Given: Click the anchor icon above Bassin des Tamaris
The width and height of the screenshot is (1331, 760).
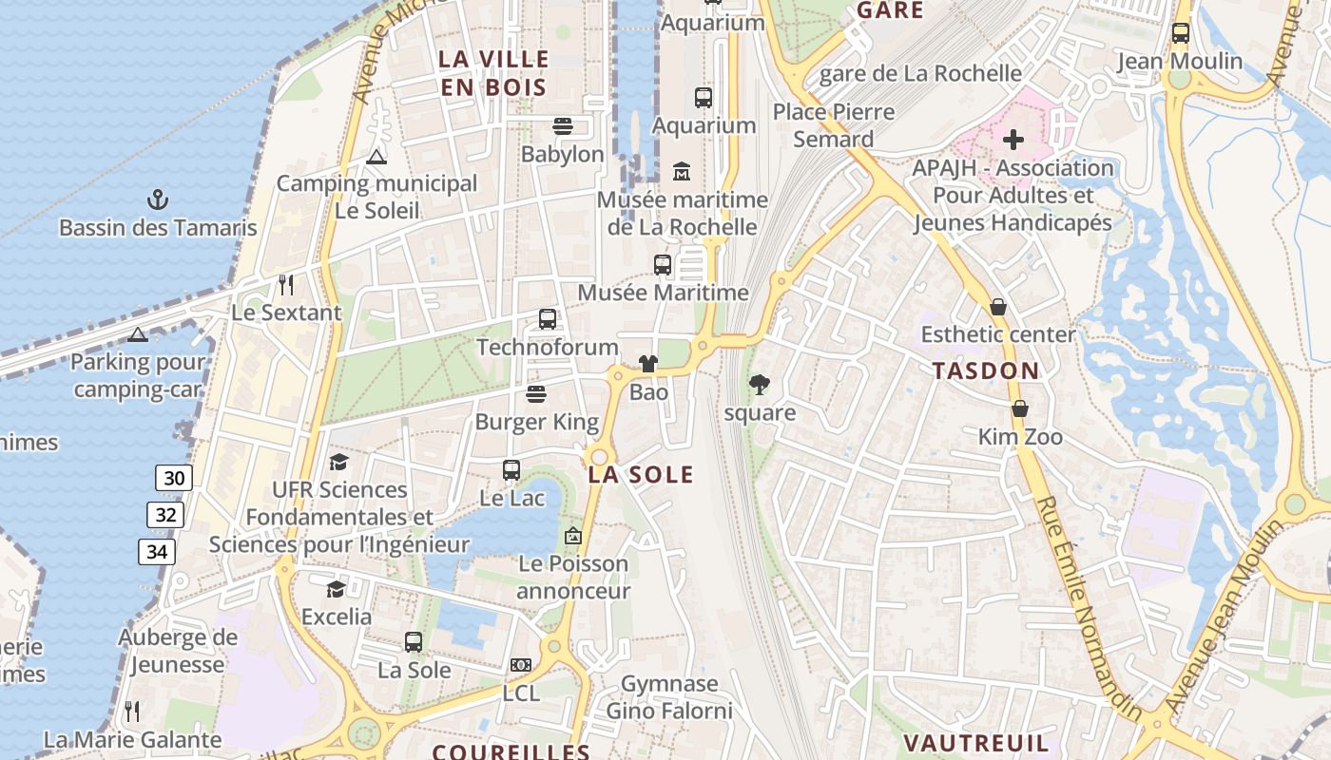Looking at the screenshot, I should point(158,199).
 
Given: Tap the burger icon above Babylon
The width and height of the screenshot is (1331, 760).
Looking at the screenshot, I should point(562,126).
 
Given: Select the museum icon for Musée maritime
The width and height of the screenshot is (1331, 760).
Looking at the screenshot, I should point(682,172).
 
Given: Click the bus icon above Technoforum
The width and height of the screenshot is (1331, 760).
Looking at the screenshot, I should point(548,319).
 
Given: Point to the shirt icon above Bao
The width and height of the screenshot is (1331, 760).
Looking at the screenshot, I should point(648,364).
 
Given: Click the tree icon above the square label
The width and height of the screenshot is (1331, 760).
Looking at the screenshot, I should point(759,385).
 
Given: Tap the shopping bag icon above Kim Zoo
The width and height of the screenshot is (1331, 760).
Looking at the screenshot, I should point(1020,408).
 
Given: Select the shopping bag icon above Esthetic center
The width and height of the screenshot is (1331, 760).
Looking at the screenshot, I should point(998,307).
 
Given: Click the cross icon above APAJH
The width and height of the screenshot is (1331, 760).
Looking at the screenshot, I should point(1013,141).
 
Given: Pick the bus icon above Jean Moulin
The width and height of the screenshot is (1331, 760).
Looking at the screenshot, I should point(1180,33).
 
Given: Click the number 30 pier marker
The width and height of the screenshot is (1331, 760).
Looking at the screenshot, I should point(174,478).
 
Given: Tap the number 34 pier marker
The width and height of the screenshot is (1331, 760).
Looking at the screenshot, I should point(156,552).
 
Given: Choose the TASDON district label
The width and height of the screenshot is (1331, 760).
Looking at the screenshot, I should point(986,371).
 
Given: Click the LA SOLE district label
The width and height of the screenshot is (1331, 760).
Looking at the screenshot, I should point(641,475).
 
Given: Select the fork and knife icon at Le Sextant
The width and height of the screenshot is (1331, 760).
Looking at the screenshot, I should point(285,284).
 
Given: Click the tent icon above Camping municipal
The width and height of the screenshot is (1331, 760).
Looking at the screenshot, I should point(376,157).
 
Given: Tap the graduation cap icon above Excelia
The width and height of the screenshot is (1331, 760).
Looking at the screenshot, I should point(336,589).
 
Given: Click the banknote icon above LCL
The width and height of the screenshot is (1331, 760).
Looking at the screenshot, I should point(520,665).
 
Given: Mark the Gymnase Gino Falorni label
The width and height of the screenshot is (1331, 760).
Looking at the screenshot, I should point(669,697).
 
